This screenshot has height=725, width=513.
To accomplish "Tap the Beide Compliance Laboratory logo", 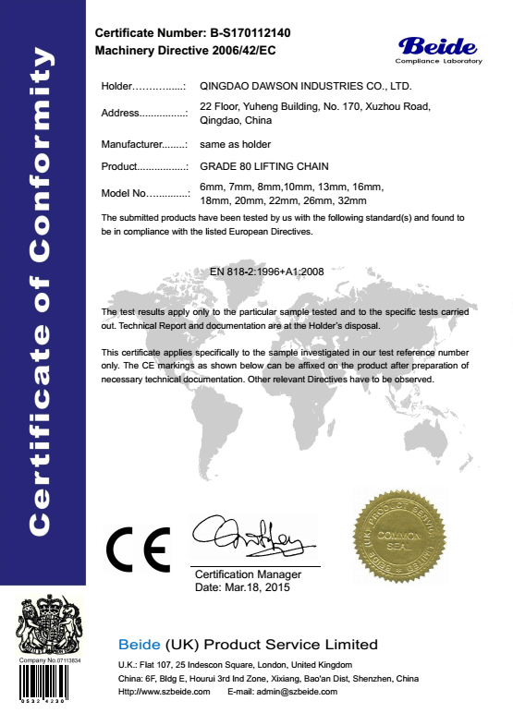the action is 438,48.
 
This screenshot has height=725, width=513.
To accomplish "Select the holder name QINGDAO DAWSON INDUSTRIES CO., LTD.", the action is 305,86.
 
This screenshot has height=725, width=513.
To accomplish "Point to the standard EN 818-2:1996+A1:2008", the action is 267,272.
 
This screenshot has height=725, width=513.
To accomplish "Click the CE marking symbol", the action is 138,550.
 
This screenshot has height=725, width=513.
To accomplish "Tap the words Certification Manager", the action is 249,574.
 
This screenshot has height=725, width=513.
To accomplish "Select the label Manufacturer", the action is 144,144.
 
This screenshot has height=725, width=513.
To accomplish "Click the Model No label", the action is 144,194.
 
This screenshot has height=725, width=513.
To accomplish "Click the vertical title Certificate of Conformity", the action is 43,290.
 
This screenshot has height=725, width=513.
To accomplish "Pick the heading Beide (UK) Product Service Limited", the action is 248,644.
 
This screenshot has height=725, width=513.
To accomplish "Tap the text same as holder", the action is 235,144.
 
